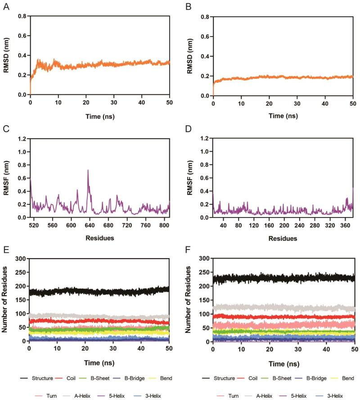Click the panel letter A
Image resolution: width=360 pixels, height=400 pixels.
click(x=6, y=7)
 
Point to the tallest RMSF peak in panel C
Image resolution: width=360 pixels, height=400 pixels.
click(x=88, y=170)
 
